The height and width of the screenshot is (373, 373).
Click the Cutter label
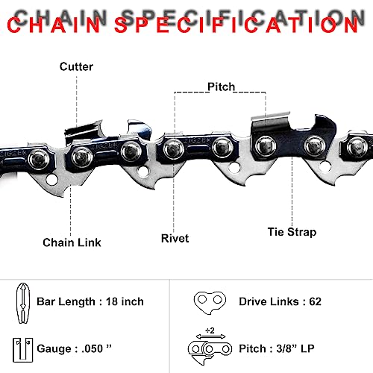pyautogui.click(x=76, y=66)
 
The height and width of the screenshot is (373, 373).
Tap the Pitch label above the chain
pyautogui.click(x=221, y=87)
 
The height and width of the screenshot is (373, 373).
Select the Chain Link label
pyautogui.click(x=72, y=242)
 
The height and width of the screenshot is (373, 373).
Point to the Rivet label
pyautogui.click(x=175, y=238)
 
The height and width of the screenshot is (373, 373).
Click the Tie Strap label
pyautogui.click(x=292, y=232)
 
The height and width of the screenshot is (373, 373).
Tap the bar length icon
pyautogui.click(x=23, y=303)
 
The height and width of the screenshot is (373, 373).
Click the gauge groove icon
pyautogui.click(x=23, y=350)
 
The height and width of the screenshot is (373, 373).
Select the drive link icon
pyautogui.click(x=210, y=302)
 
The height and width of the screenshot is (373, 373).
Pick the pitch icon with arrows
pyautogui.click(x=210, y=350)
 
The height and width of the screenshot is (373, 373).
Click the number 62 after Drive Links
pyautogui.click(x=315, y=301)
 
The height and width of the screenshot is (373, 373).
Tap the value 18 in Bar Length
pyautogui.click(x=112, y=301)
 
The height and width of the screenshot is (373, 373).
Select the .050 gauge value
pyautogui.click(x=93, y=348)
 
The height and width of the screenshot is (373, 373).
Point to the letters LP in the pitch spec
pyautogui.click(x=307, y=348)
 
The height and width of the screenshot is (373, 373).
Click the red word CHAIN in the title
pyautogui.click(x=54, y=25)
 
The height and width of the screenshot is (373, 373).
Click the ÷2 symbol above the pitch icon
pyautogui.click(x=210, y=330)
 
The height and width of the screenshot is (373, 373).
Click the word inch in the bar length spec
pyautogui.click(x=132, y=301)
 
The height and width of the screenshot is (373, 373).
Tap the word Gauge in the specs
pyautogui.click(x=54, y=349)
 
